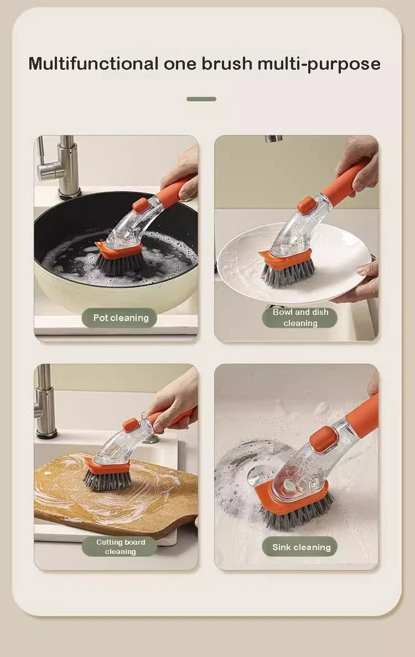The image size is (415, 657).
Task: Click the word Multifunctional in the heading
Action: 93,64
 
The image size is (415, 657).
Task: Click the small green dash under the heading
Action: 201,99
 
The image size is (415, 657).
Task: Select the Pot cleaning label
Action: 120,318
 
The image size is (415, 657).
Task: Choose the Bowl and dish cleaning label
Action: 300,318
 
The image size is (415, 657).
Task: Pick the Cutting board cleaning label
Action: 120,547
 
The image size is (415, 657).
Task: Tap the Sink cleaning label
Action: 300,547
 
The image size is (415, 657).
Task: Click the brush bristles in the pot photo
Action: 119,265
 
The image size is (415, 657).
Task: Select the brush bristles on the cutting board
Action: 107,479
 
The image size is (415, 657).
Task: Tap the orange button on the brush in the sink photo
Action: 324,438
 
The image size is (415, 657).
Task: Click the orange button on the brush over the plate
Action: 307,205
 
